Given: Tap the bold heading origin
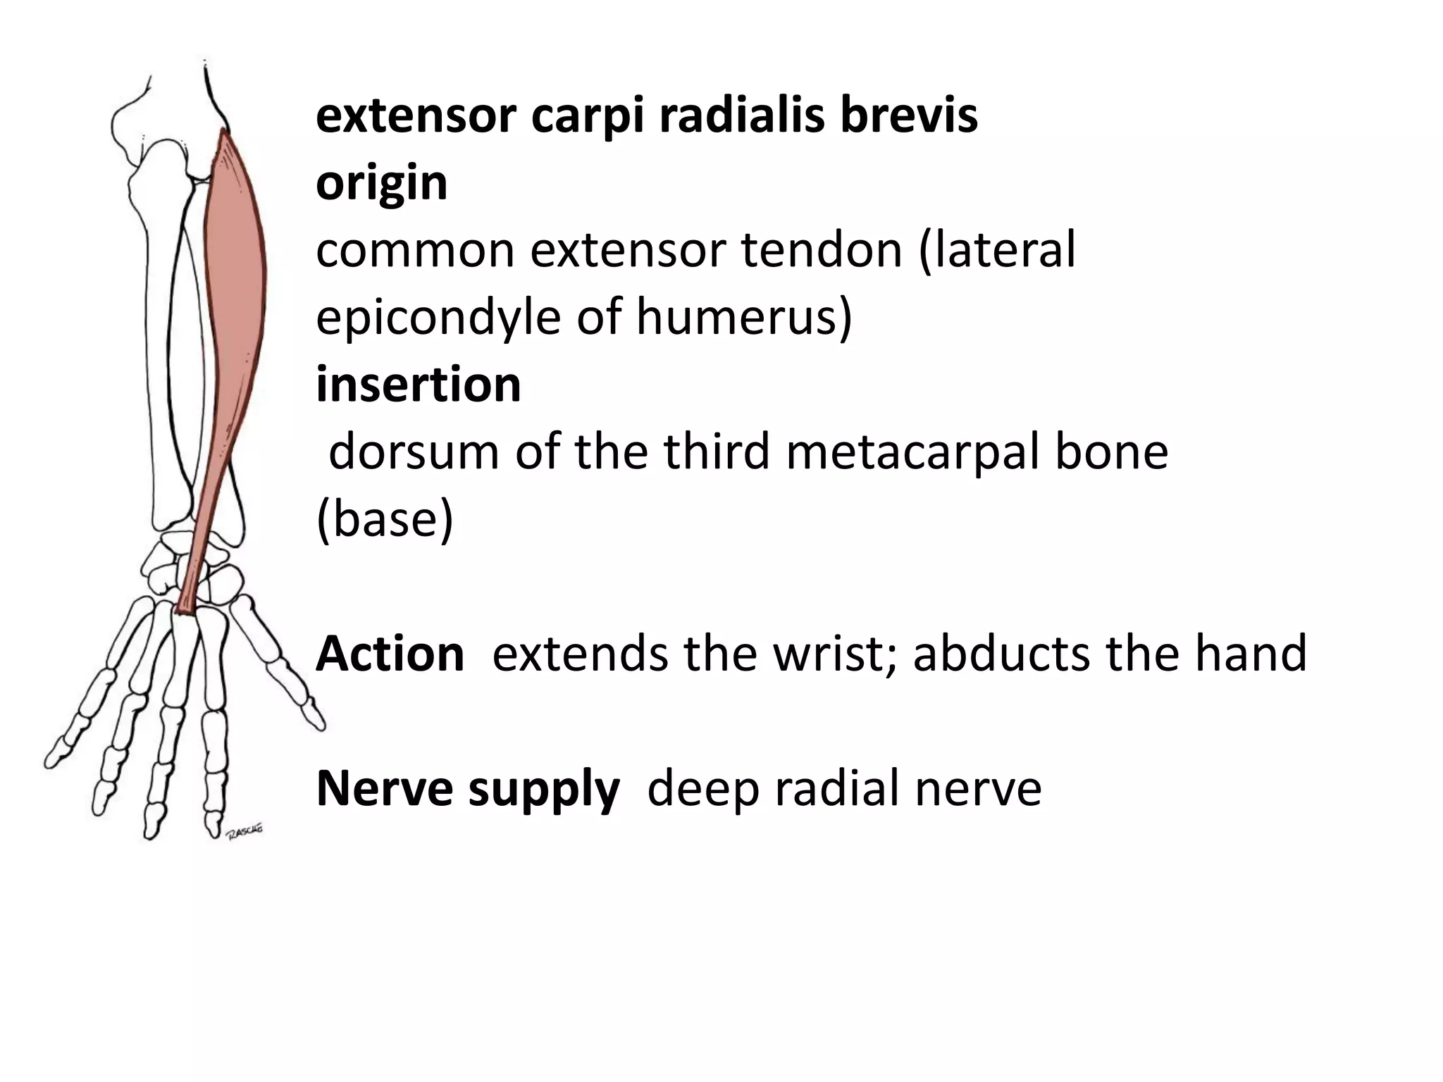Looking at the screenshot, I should tap(381, 183).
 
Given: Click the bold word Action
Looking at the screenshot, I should tap(390, 654).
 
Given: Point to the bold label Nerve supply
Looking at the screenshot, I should tap(468, 788).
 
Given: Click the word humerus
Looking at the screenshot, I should tap(744, 317).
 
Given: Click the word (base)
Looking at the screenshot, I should tap(385, 519).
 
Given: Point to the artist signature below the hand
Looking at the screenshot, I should tap(244, 831).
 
